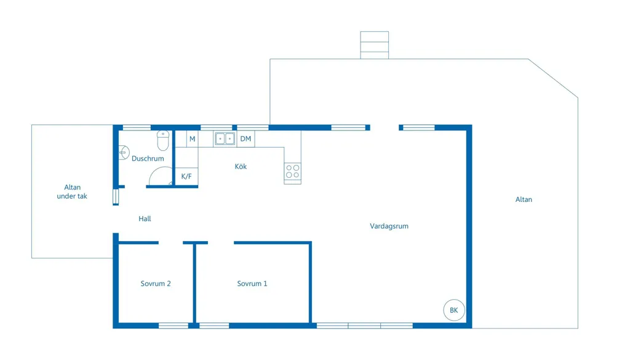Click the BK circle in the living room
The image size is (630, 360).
tap(454, 310)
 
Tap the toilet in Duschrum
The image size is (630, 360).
tap(162, 140)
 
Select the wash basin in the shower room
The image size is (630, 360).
tap(124, 153)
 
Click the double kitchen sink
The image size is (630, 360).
tap(225, 138)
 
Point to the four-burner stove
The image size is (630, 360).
tap(292, 172)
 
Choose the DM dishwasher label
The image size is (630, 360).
tap(245, 138)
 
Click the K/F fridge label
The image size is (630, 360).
tap(186, 177)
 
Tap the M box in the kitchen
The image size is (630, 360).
tap(193, 139)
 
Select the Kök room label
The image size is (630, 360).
tap(241, 166)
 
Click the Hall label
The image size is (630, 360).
tap(145, 218)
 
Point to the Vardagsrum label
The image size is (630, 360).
tap(389, 226)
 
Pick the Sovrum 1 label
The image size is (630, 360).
tap(252, 284)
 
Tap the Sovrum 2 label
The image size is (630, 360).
tap(156, 284)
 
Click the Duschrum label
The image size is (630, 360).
tap(148, 159)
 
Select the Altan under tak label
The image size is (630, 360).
tap(72, 191)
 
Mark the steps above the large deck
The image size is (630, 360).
tap(375, 45)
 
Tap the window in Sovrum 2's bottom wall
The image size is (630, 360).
tap(173, 326)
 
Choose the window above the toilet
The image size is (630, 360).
tap(137, 128)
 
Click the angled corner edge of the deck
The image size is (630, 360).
tap(553, 78)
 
